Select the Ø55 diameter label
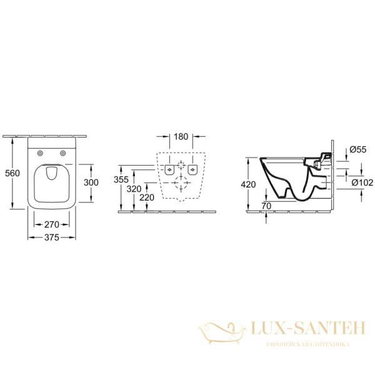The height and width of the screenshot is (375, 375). (357, 149)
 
